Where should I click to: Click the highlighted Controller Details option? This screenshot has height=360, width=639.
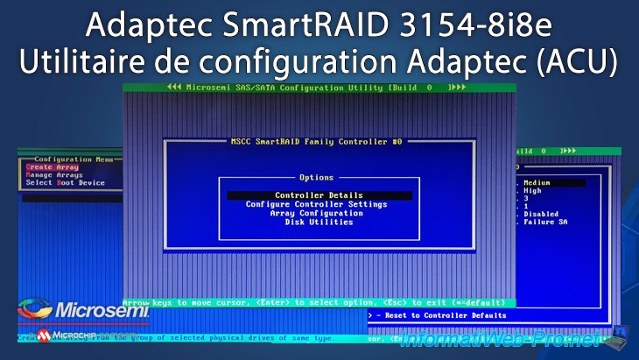coord(319,195)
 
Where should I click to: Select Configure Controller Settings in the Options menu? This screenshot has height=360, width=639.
coord(317,204)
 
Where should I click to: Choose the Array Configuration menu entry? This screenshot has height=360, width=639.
coord(318,213)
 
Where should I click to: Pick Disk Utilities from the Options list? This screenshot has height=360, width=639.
coord(319,222)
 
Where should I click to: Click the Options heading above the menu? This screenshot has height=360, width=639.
coord(316,177)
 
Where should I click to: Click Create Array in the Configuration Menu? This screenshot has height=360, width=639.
coord(53,167)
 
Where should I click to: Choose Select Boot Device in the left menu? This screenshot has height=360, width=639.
coord(65,183)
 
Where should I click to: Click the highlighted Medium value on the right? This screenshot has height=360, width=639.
coord(543,183)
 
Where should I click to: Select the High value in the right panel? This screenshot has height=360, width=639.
coord(534,191)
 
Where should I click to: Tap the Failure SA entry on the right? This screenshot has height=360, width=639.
coord(546,222)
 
